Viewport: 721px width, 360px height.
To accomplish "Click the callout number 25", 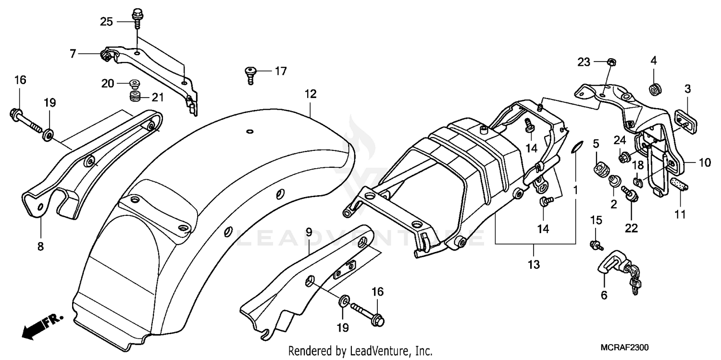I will tap(106, 21).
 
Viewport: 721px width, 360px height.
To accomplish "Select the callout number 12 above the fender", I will tap(311, 94).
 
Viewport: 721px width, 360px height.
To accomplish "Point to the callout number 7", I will tap(73, 54).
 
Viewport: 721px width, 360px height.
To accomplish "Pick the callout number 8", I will tap(40, 247).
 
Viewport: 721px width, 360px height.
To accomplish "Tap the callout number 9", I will tap(309, 232).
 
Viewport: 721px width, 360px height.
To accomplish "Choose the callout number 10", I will tap(704, 163).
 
